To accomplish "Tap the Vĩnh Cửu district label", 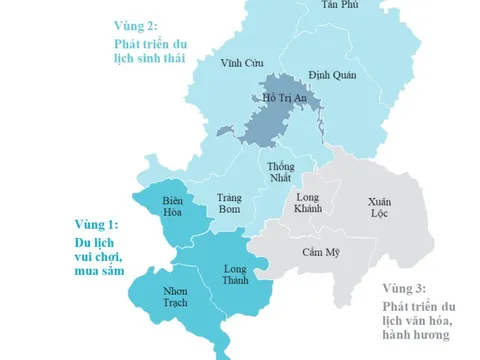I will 241,63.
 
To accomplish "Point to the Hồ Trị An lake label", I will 283,98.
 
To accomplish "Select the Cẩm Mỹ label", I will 321,251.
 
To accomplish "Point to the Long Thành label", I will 235,276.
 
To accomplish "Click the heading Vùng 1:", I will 96,224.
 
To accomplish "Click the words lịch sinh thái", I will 149,60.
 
